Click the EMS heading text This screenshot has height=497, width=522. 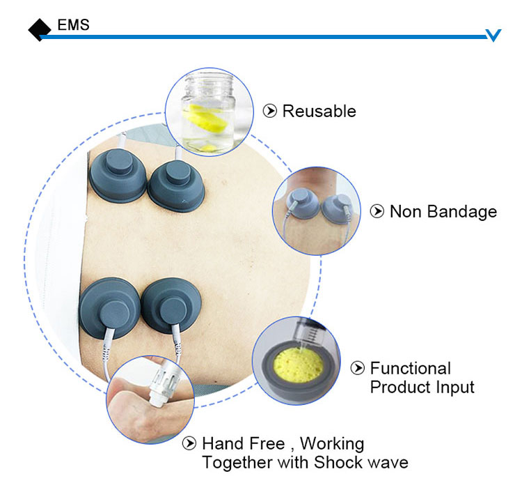pyautogui.click(x=73, y=26)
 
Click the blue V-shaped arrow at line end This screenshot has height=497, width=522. pyautogui.click(x=493, y=35)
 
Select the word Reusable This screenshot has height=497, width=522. pyautogui.click(x=319, y=111)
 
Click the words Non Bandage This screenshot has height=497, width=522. pyautogui.click(x=443, y=211)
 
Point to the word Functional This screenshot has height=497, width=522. pyautogui.click(x=410, y=368)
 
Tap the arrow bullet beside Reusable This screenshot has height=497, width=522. pyautogui.click(x=269, y=111)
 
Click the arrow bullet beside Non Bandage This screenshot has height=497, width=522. pyautogui.click(x=377, y=211)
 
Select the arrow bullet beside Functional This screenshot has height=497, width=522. pyautogui.click(x=358, y=368)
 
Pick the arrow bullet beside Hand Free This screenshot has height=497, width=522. pyautogui.click(x=189, y=443)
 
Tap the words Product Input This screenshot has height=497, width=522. pyautogui.click(x=422, y=387)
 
